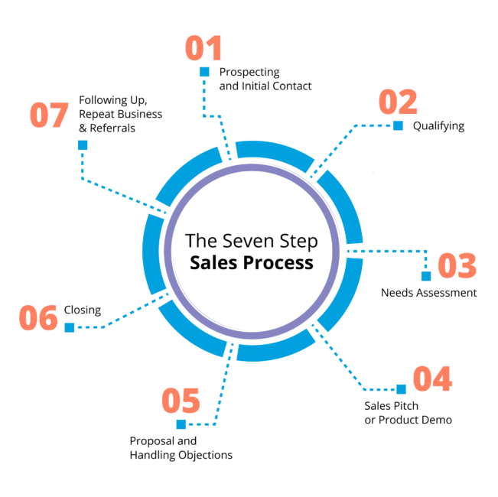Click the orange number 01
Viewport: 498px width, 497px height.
pyautogui.click(x=203, y=47)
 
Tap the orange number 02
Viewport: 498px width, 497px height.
pyautogui.click(x=398, y=102)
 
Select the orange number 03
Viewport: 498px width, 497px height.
pyautogui.click(x=457, y=266)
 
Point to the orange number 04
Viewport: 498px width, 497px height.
pyautogui.click(x=432, y=379)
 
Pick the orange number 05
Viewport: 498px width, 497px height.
pyautogui.click(x=181, y=401)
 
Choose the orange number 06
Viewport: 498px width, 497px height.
pyautogui.click(x=38, y=318)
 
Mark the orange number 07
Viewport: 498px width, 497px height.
pyautogui.click(x=49, y=115)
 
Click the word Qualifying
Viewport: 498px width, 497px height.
pyautogui.click(x=438, y=125)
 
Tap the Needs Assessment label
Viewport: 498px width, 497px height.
pyautogui.click(x=428, y=293)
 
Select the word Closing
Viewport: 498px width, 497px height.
pyautogui.click(x=83, y=310)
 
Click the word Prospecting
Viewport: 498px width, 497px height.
pyautogui.click(x=249, y=72)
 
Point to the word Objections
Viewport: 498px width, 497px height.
pyautogui.click(x=207, y=455)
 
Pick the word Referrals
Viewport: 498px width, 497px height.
pyautogui.click(x=113, y=128)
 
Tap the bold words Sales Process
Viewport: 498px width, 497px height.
pyautogui.click(x=252, y=262)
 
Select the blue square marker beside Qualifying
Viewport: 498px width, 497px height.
pyautogui.click(x=398, y=126)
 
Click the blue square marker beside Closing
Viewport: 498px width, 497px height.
pyautogui.click(x=70, y=327)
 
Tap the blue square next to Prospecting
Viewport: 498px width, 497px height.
pyautogui.click(x=204, y=72)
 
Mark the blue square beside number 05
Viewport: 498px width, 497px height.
pyautogui.click(x=181, y=424)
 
